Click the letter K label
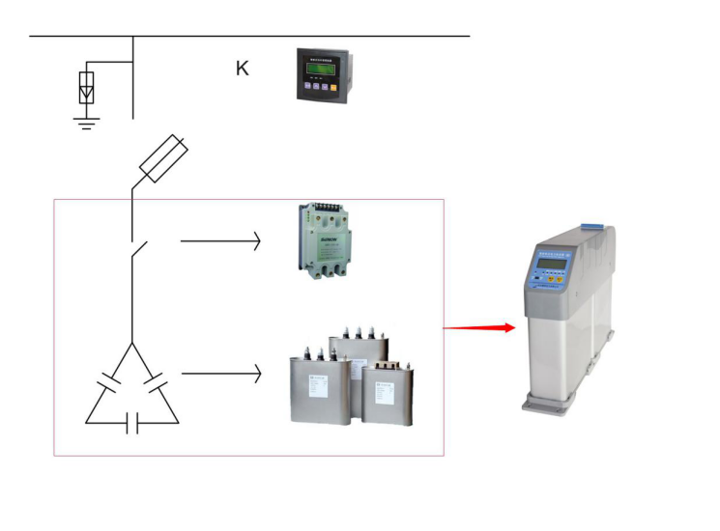[x=243, y=69]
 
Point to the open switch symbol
[x=138, y=250]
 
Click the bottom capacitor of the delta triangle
[x=132, y=423]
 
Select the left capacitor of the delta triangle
[x=108, y=391]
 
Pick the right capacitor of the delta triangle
[x=156, y=391]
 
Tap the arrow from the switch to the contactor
[x=220, y=240]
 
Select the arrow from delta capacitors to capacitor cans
[x=220, y=372]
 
